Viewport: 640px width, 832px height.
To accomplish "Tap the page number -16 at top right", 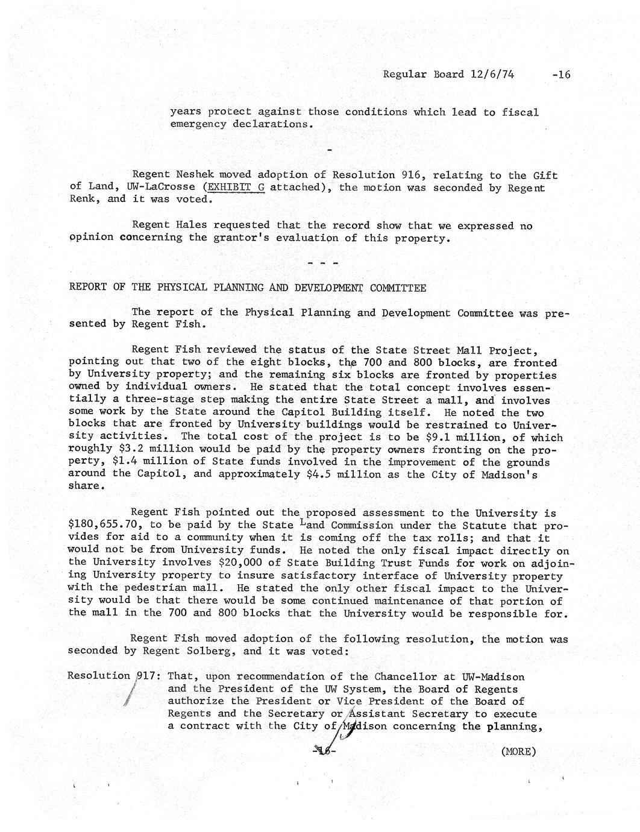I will pyautogui.click(x=560, y=74).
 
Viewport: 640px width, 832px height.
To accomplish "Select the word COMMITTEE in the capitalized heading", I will pyautogui.click(x=398, y=288).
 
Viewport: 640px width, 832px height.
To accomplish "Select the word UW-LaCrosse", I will pyautogui.click(x=160, y=187).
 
